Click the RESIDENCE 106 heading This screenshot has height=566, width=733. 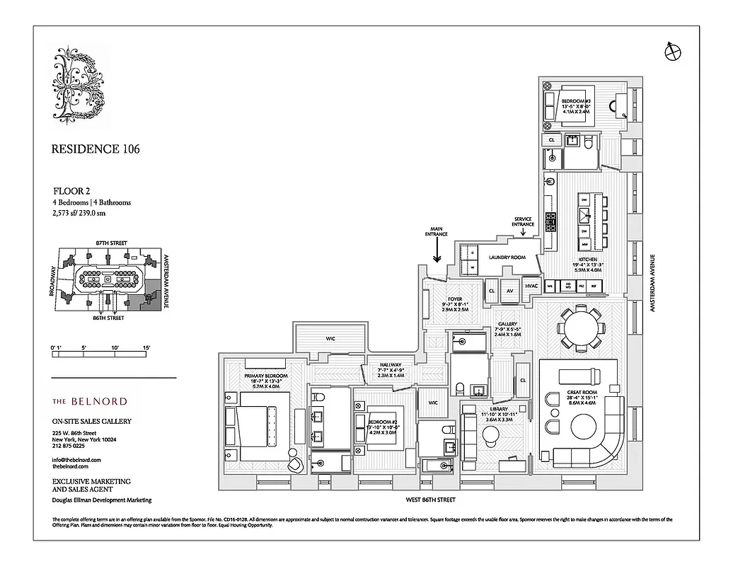(96, 149)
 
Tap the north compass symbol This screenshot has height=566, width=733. (671, 51)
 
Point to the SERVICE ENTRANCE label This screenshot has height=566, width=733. (523, 222)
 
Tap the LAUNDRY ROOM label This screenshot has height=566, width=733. (507, 258)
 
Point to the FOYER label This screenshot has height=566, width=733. (455, 299)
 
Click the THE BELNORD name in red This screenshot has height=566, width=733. (90, 401)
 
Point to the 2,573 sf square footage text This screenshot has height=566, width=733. (79, 212)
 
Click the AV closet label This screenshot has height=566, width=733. (509, 289)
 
